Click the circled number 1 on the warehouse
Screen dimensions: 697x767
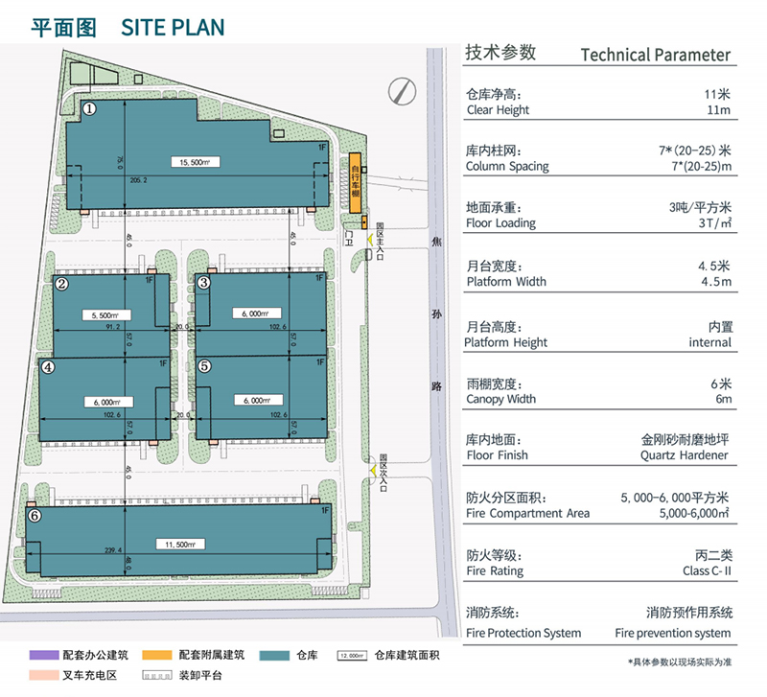coord(89,109)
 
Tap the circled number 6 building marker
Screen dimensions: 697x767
coord(35,516)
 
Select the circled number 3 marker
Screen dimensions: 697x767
coord(203,282)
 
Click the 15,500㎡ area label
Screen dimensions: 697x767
coord(194,162)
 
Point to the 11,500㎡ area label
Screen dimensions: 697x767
coord(180,545)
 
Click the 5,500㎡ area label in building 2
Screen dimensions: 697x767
coord(106,314)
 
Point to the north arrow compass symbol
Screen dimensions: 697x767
coord(401,91)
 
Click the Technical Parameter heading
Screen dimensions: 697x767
coord(656,55)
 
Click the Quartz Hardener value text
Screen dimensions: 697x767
coord(685,455)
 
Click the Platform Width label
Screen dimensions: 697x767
coord(506,282)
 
